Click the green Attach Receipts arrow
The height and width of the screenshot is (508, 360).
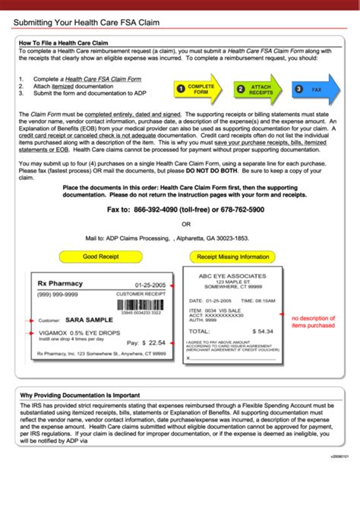click(x=257, y=89)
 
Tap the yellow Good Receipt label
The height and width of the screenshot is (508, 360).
click(x=100, y=257)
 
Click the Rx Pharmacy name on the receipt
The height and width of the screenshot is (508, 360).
click(x=60, y=283)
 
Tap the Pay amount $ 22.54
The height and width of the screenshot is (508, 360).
click(x=146, y=342)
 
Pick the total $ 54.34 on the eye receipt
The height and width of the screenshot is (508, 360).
click(x=261, y=331)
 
